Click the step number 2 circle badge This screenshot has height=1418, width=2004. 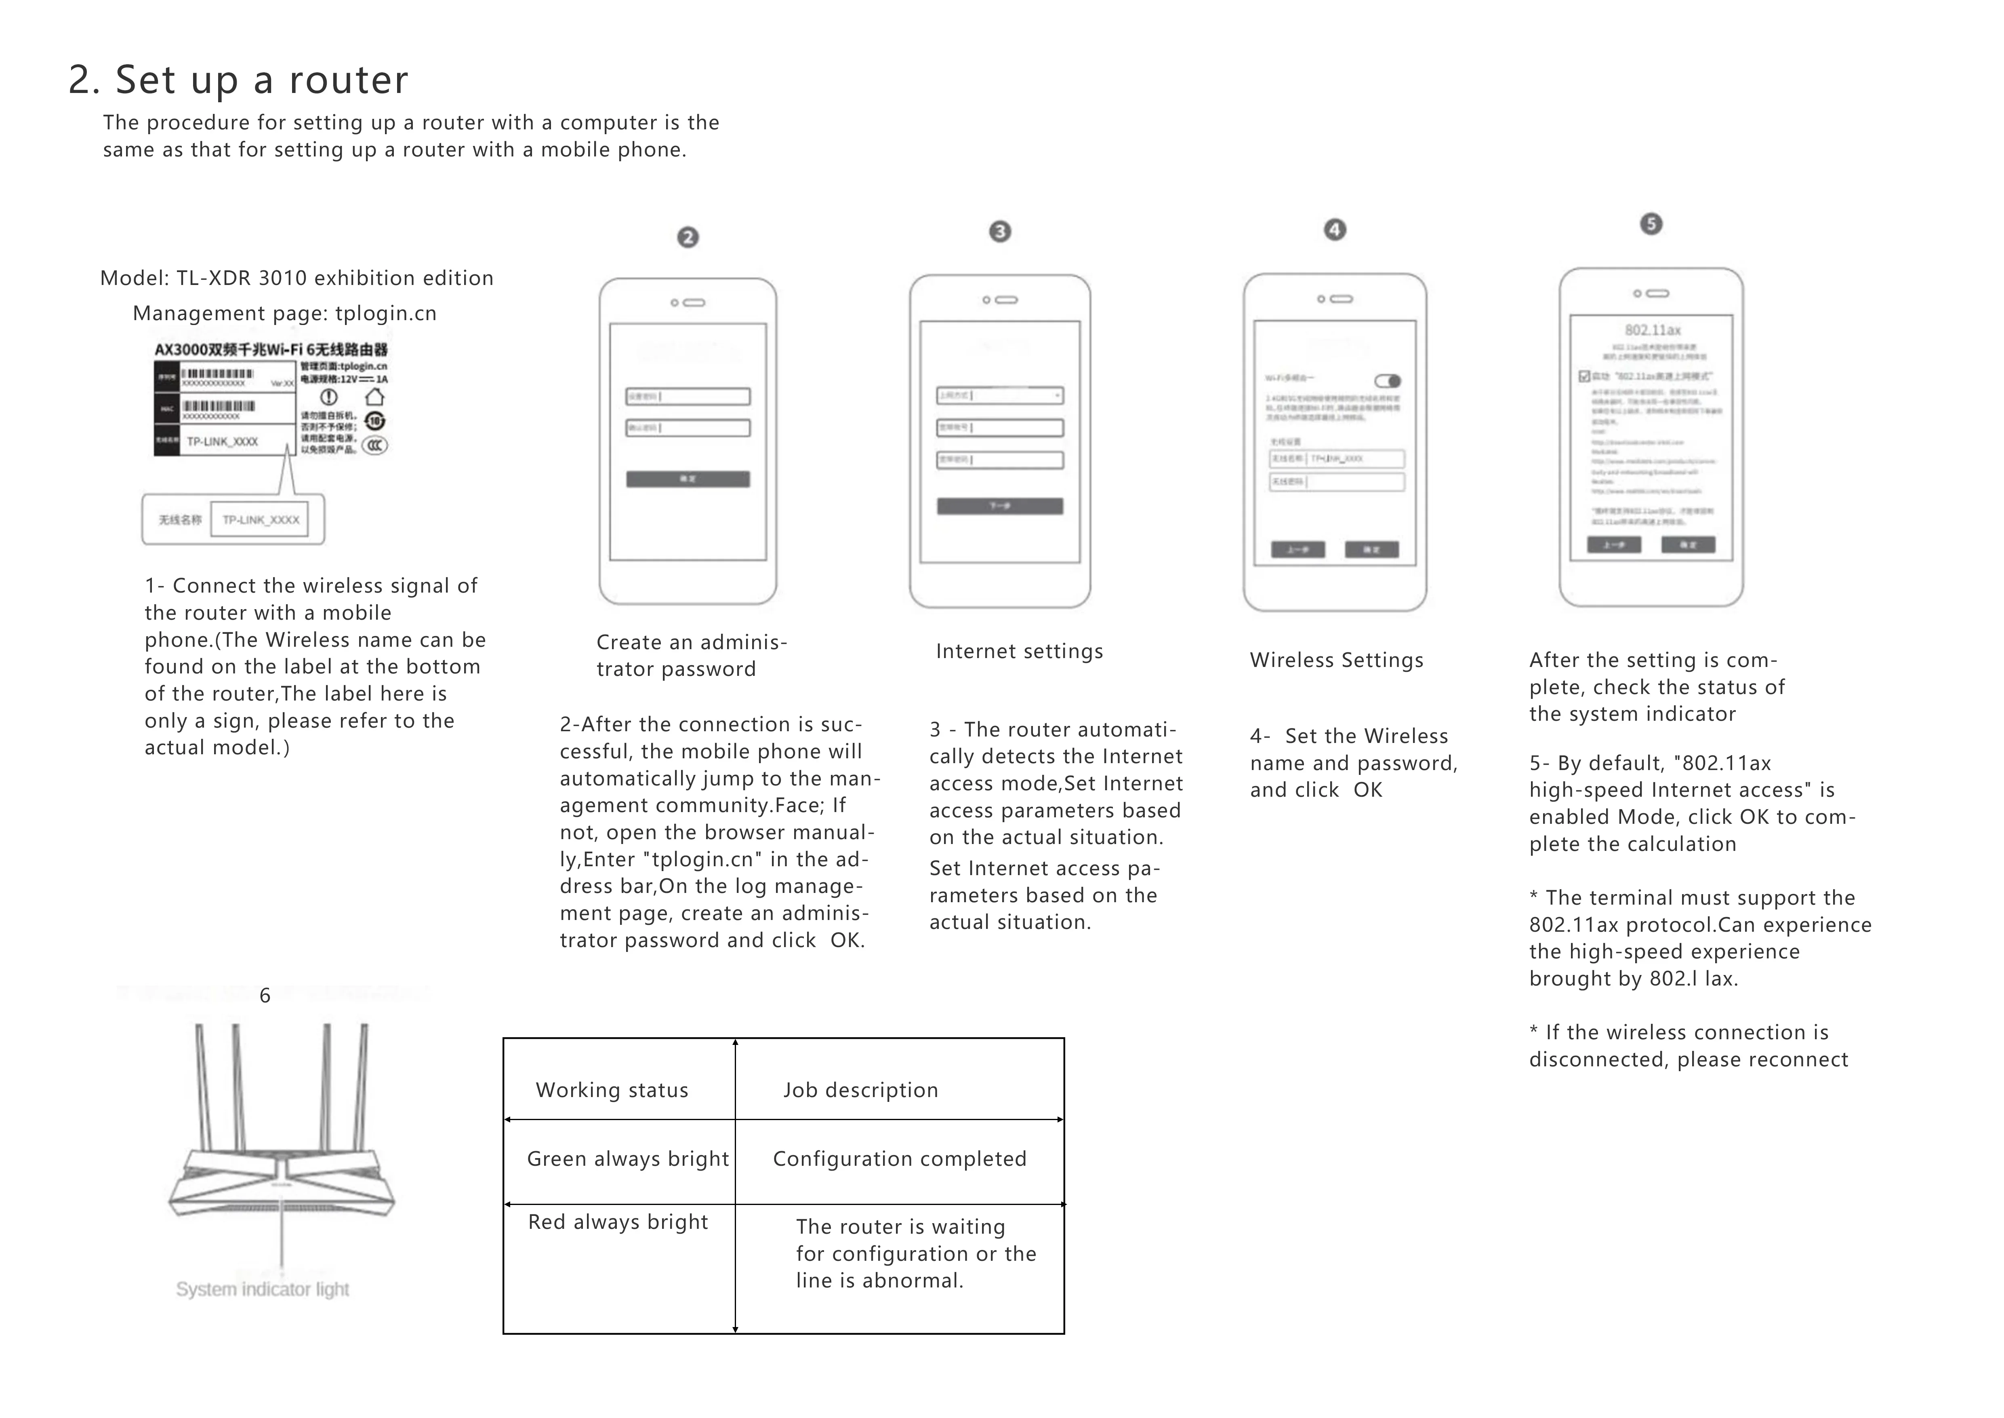point(688,238)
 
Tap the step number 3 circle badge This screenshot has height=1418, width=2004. point(1000,231)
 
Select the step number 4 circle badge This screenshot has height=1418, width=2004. point(1335,230)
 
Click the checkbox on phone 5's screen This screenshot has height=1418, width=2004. point(1584,376)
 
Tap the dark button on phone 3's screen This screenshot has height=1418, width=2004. point(1000,506)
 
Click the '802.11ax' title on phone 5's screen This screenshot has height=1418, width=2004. point(1652,330)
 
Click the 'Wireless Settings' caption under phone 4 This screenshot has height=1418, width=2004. point(1336,660)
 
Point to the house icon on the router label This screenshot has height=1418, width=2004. point(374,397)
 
